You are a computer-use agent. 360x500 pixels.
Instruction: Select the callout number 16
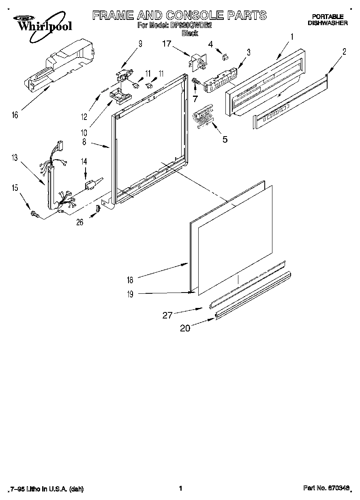tap(15, 115)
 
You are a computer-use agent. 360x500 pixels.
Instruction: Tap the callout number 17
tap(167, 43)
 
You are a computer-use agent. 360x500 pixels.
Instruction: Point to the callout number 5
tap(224, 139)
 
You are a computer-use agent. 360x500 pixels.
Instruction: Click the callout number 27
tap(168, 315)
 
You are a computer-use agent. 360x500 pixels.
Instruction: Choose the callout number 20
tap(185, 328)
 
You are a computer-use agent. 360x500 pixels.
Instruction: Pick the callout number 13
tap(15, 158)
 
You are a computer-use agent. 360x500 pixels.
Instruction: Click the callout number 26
tap(80, 222)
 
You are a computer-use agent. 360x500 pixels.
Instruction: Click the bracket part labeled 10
tap(120, 95)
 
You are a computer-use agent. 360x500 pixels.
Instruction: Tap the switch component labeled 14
tap(92, 186)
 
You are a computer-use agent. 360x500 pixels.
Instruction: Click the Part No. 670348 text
tap(326, 489)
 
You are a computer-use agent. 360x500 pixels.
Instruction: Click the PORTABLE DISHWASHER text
tap(327, 20)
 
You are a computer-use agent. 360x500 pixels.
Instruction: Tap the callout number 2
tap(344, 51)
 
